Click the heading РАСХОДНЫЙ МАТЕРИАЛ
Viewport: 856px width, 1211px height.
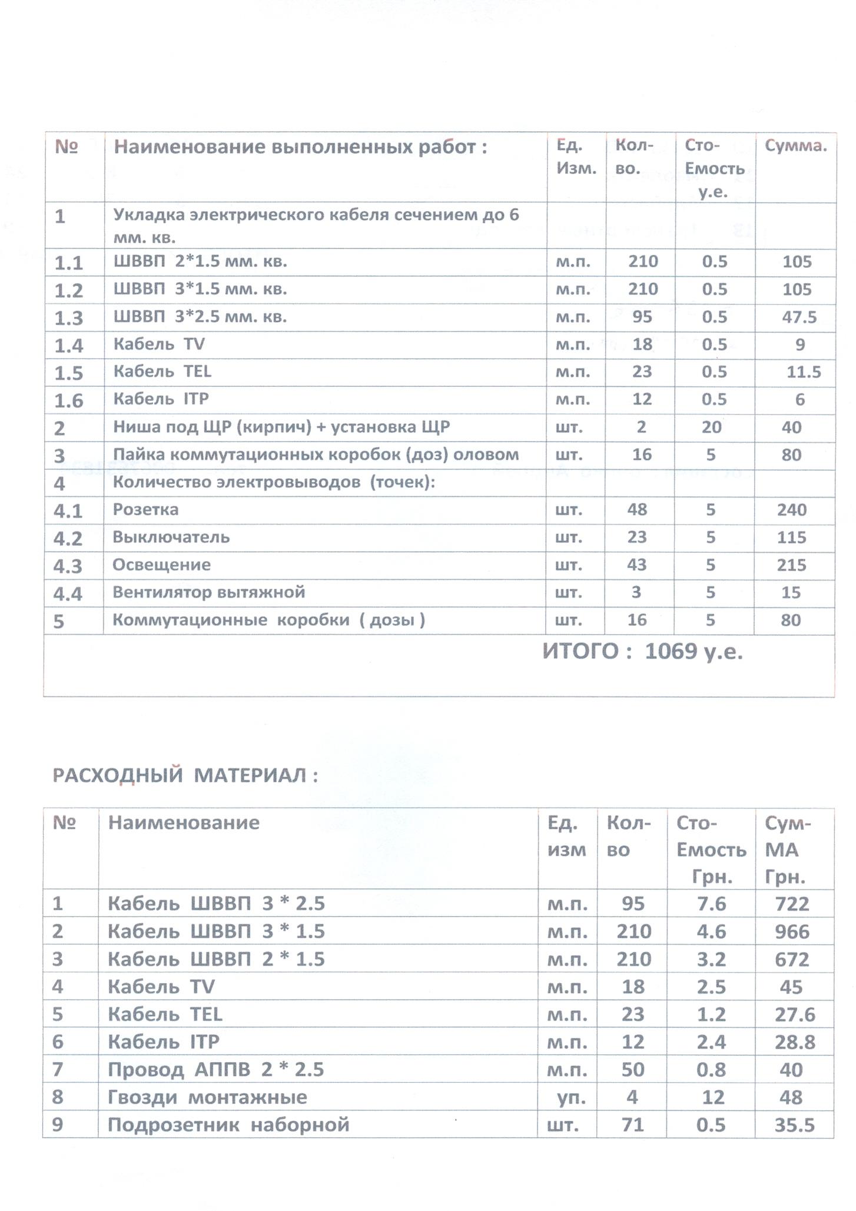point(185,775)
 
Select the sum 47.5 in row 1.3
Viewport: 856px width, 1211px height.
point(799,317)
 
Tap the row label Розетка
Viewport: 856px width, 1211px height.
point(145,509)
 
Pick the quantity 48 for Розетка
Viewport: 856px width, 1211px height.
point(638,509)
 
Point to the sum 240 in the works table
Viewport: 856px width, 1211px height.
point(791,510)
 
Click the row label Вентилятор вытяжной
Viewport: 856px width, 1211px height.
point(208,592)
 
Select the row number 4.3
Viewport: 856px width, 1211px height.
point(68,566)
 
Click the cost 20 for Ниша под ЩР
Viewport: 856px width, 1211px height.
point(711,427)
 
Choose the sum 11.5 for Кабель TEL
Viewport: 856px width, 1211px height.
point(804,372)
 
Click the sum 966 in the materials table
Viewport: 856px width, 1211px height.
point(792,932)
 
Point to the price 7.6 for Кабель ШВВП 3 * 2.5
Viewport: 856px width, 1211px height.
point(711,904)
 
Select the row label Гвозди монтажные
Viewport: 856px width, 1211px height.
point(207,1097)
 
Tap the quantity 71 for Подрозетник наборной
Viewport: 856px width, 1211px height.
point(633,1125)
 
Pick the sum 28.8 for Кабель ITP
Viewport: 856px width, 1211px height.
point(795,1043)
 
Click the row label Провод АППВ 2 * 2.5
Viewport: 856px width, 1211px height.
point(215,1070)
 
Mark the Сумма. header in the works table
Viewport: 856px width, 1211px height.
point(796,146)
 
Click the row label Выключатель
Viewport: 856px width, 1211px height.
point(171,537)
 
